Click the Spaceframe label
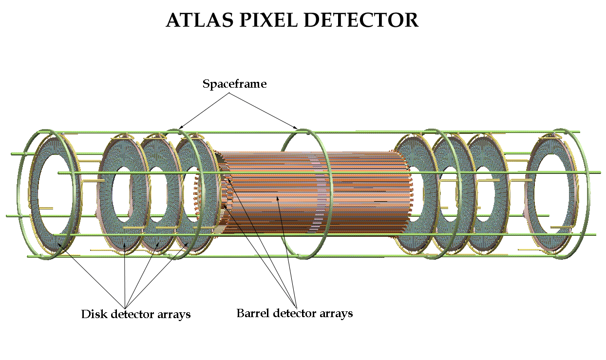(x=235, y=84)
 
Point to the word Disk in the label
(x=94, y=314)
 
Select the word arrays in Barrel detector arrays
(x=334, y=313)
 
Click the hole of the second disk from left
(x=122, y=193)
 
